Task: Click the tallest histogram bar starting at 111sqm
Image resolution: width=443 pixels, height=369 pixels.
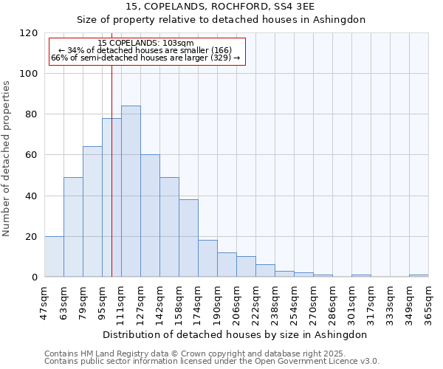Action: click(x=131, y=192)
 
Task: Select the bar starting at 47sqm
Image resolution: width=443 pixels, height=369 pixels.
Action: click(x=54, y=257)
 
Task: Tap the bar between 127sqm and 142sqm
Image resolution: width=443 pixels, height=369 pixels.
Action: click(x=150, y=215)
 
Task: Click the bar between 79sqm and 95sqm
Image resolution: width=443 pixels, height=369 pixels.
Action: click(x=92, y=212)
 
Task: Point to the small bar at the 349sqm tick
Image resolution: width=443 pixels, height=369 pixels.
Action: click(x=419, y=275)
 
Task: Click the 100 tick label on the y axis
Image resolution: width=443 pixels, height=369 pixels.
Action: click(x=30, y=74)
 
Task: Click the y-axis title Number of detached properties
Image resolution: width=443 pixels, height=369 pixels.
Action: click(x=7, y=159)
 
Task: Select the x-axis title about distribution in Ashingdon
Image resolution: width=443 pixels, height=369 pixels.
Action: click(x=236, y=334)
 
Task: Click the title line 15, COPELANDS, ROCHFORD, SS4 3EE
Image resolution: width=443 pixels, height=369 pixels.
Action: click(x=221, y=7)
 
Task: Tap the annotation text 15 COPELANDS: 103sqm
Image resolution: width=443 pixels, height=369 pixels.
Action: click(x=145, y=44)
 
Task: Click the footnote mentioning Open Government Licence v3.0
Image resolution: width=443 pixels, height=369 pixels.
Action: click(x=212, y=361)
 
